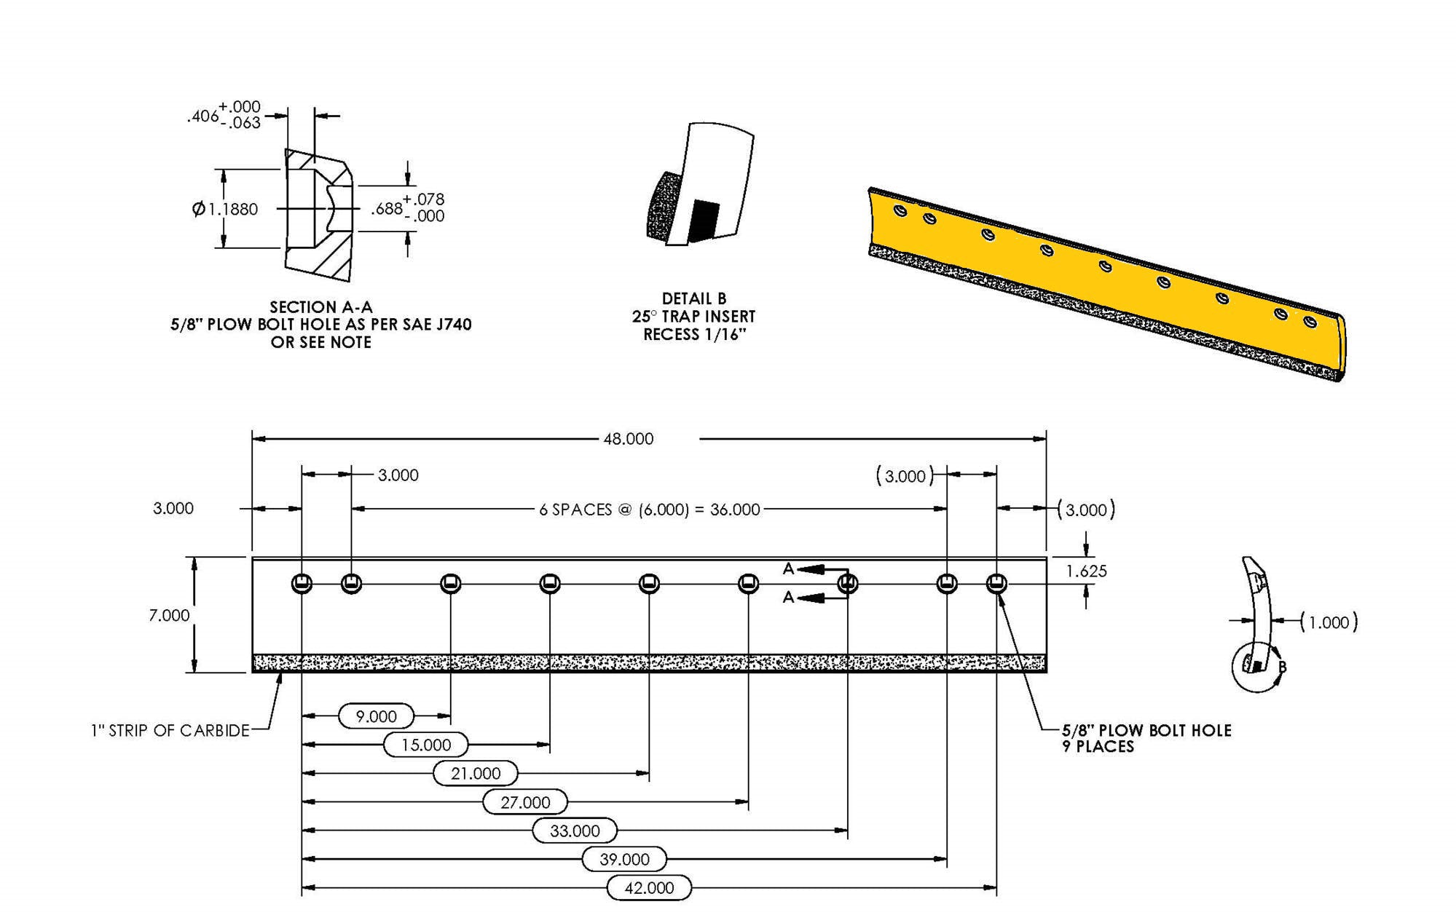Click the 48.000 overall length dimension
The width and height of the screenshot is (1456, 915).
(x=628, y=439)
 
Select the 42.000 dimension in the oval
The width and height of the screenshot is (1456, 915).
(x=649, y=888)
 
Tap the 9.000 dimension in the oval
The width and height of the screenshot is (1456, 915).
(x=376, y=716)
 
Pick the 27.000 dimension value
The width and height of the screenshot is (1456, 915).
(x=525, y=802)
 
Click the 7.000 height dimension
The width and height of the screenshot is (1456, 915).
(x=169, y=616)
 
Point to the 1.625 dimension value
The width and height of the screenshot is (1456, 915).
(x=1086, y=571)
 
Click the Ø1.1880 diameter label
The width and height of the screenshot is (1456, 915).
(x=225, y=210)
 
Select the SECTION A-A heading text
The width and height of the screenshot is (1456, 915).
(x=321, y=307)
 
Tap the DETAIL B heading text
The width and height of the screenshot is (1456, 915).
(x=693, y=298)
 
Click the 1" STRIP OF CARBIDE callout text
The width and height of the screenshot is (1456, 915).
(x=170, y=731)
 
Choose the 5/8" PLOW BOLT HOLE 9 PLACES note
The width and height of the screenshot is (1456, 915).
(x=1146, y=738)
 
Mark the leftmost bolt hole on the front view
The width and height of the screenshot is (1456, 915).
(x=302, y=584)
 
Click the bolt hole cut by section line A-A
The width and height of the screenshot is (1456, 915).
(x=848, y=584)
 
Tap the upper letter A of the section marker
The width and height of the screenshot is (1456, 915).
(x=788, y=569)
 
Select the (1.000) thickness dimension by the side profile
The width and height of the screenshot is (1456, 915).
(x=1329, y=622)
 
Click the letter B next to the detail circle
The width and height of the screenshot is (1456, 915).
(x=1282, y=667)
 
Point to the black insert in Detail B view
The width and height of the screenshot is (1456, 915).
(x=704, y=221)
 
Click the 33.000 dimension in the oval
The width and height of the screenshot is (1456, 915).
(x=575, y=831)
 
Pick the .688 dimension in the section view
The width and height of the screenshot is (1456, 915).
(x=387, y=209)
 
